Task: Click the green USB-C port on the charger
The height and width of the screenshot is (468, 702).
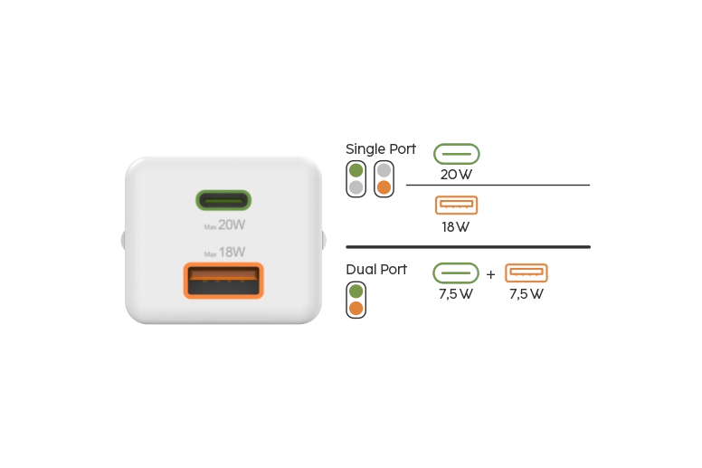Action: pos(223,200)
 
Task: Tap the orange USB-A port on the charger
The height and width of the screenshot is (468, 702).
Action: pos(223,281)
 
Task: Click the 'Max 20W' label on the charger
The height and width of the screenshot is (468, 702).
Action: pos(224,224)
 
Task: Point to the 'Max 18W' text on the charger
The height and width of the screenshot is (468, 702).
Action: pos(224,253)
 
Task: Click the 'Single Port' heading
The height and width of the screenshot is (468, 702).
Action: pos(381,148)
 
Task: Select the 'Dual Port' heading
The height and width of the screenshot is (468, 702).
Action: pos(376,269)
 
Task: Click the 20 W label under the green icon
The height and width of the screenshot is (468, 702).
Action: pos(456,175)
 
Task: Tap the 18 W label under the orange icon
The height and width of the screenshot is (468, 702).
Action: pos(455,227)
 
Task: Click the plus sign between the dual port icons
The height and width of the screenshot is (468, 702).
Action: pos(490,274)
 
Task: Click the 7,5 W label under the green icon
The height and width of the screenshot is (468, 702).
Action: pos(455,294)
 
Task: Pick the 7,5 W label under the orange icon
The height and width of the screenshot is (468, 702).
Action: pos(526,294)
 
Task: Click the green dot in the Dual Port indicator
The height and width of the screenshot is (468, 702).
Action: pos(356,291)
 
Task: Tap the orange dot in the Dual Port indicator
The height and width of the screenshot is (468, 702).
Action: pos(356,309)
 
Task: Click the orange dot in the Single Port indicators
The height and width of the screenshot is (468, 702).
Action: pos(384,187)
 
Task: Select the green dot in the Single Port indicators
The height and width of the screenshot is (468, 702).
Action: pos(356,170)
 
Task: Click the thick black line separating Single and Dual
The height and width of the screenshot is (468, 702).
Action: pos(469,247)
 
